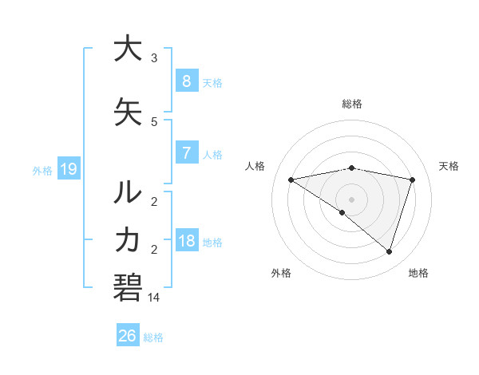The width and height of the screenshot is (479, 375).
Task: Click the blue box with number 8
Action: coord(186,81)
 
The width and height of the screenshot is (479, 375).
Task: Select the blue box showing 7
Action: coord(186,153)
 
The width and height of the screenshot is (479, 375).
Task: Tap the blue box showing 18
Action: coord(186,242)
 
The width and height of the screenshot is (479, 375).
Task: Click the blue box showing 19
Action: coord(68,169)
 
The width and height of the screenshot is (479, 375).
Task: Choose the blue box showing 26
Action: coord(128,336)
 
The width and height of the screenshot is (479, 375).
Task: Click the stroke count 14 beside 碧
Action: coord(154,297)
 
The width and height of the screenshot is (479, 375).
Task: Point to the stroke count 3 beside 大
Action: coord(154,57)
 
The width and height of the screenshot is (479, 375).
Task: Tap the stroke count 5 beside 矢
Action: coord(154,122)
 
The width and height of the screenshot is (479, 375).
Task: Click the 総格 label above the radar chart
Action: coord(351,104)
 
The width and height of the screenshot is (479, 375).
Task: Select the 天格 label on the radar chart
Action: coord(449,166)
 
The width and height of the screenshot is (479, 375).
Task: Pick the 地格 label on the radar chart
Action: coord(418,273)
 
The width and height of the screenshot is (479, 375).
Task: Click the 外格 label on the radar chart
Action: coord(281,273)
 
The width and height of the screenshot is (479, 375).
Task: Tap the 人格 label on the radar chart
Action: coord(255,166)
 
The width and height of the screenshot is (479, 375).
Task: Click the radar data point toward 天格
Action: coord(412,180)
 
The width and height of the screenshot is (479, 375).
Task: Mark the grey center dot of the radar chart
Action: coord(351,199)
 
